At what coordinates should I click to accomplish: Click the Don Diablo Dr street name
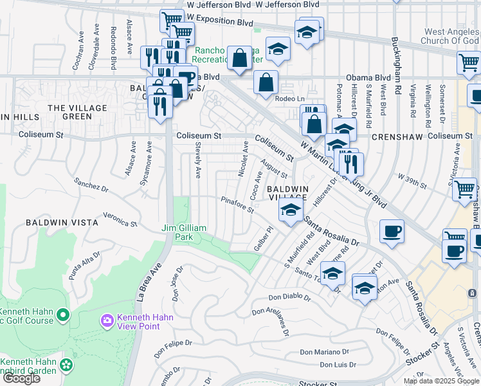pyautogui.click(x=289, y=298)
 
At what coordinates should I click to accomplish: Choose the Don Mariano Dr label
pyautogui.click(x=323, y=352)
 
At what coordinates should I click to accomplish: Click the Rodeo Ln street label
pyautogui.click(x=289, y=98)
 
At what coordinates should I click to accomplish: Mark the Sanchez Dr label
pyautogui.click(x=91, y=185)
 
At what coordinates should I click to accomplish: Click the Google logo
pyautogui.click(x=21, y=378)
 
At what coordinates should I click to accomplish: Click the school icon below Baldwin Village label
pyautogui.click(x=291, y=209)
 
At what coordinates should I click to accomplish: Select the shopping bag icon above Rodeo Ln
pyautogui.click(x=266, y=82)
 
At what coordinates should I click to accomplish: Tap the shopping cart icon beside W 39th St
pyautogui.click(x=464, y=190)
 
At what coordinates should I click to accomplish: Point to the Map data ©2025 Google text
pyautogui.click(x=441, y=381)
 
